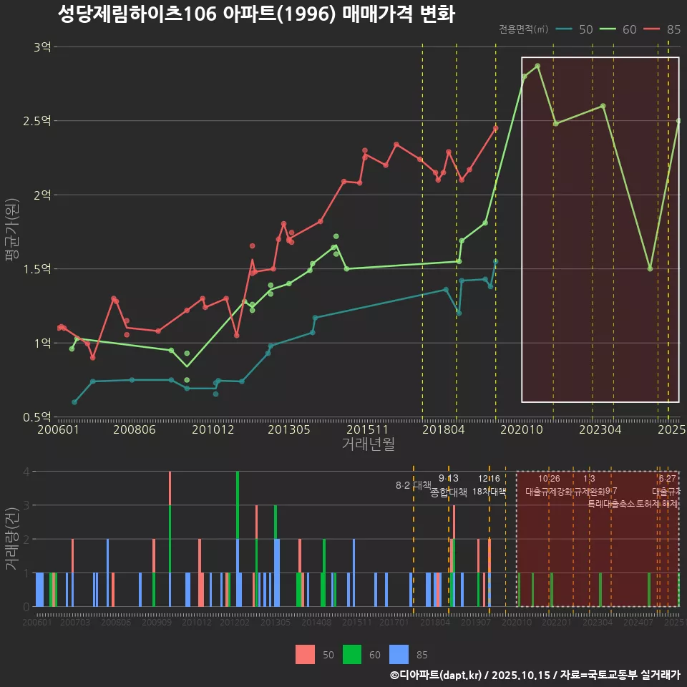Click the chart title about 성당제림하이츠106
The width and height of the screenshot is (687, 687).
tap(255, 14)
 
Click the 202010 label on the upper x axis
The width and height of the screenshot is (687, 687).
tap(520, 430)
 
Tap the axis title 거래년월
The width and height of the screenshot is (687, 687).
tap(368, 444)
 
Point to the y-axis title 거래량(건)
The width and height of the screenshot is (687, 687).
tap(12, 538)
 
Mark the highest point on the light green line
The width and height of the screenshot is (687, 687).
tap(537, 66)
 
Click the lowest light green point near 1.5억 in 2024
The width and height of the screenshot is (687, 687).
tap(650, 268)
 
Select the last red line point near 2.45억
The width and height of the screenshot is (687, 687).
tap(495, 129)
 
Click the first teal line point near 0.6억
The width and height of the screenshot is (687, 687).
tap(74, 402)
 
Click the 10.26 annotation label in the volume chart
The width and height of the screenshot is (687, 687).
tap(549, 479)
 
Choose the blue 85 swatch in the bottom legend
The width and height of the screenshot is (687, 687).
tap(399, 654)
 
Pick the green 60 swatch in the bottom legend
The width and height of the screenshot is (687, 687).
tap(352, 654)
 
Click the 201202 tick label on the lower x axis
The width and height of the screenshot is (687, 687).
tap(234, 623)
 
